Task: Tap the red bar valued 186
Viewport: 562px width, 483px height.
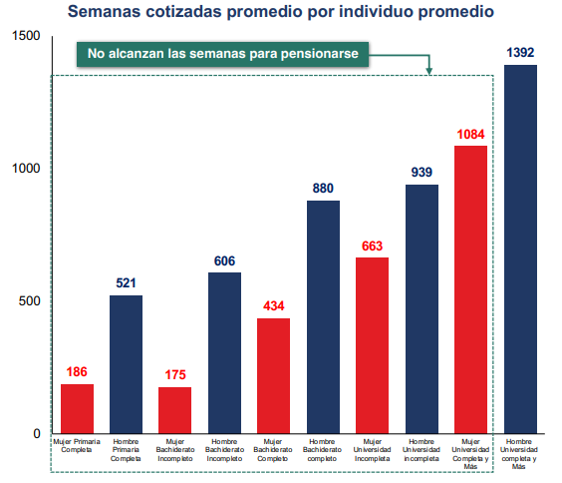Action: tap(77, 409)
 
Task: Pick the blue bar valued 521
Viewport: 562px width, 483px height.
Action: tap(126, 364)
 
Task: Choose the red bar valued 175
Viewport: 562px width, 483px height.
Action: tap(175, 410)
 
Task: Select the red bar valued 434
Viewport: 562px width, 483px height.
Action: tap(273, 376)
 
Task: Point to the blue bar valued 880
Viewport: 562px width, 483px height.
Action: tap(323, 317)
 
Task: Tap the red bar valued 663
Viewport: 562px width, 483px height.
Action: tap(372, 345)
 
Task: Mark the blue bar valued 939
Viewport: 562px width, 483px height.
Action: tap(421, 309)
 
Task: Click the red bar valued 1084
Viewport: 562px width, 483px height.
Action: tap(470, 289)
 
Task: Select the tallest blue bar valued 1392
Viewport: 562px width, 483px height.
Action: tap(520, 249)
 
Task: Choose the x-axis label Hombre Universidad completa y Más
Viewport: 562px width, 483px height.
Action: tap(520, 453)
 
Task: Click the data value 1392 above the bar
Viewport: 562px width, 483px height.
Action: tap(520, 52)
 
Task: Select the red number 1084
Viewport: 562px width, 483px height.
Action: tap(470, 134)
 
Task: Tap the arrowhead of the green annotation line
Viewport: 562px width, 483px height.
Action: tap(429, 71)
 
